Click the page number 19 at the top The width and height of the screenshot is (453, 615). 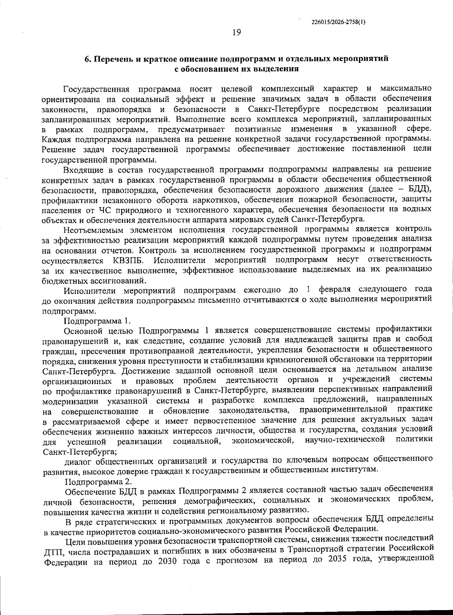point(237,32)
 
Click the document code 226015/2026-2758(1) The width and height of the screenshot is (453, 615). point(339,22)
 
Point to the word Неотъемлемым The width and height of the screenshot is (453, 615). point(90,230)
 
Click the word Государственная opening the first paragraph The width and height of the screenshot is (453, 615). point(96,89)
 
